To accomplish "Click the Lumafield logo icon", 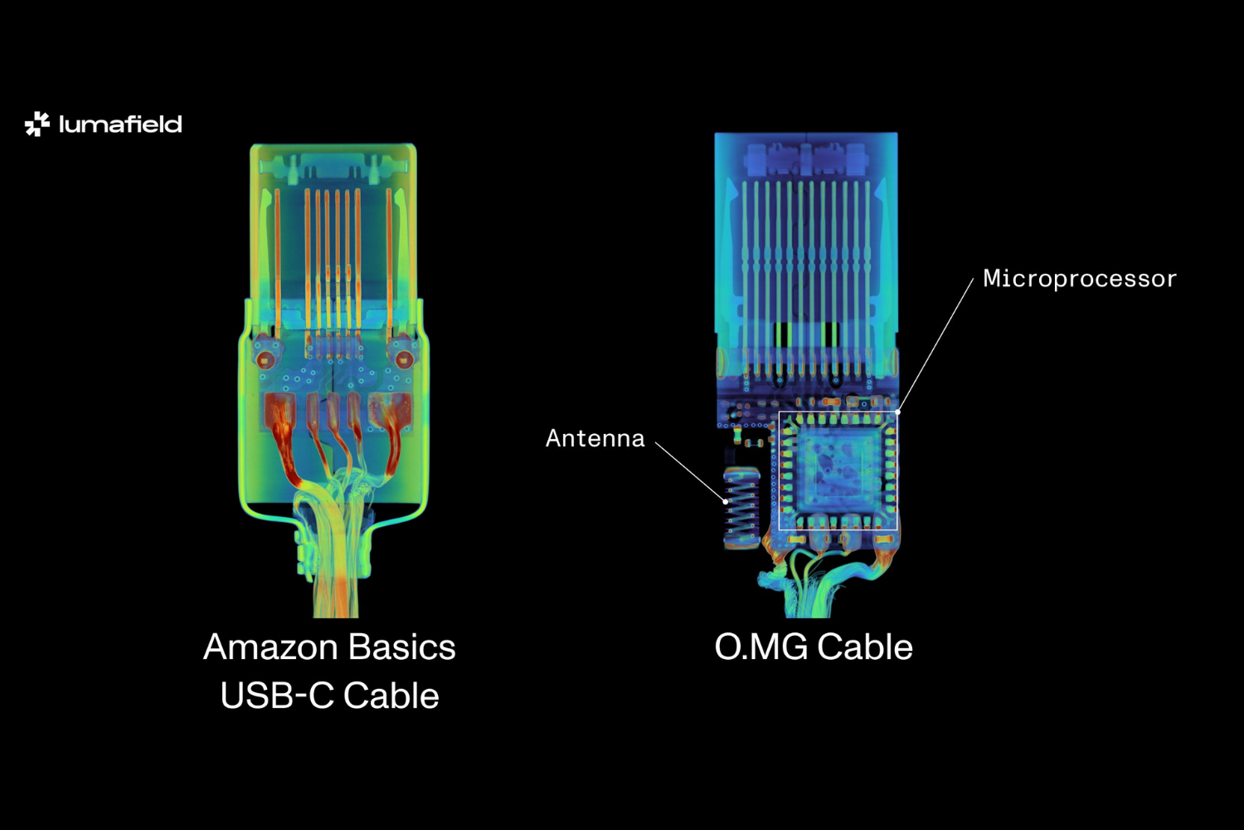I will point(36,124).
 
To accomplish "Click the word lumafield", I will point(120,124).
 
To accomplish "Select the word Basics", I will point(402,647).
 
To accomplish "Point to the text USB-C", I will point(276,696).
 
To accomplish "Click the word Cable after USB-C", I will point(391,696).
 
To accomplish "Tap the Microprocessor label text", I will point(1079,279).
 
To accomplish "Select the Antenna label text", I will point(595,438).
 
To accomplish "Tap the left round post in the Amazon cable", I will point(265,359).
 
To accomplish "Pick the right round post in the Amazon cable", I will point(403,359).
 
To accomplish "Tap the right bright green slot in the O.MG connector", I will point(830,334).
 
